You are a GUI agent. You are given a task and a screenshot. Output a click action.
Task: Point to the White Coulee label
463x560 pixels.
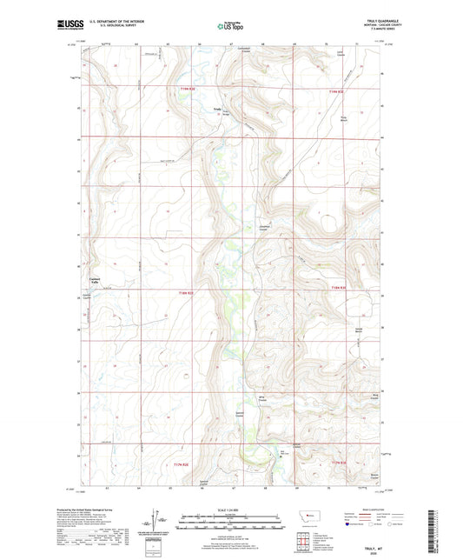(x=261, y=400)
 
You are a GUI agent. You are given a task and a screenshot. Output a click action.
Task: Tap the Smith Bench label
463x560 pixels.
(x=357, y=330)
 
